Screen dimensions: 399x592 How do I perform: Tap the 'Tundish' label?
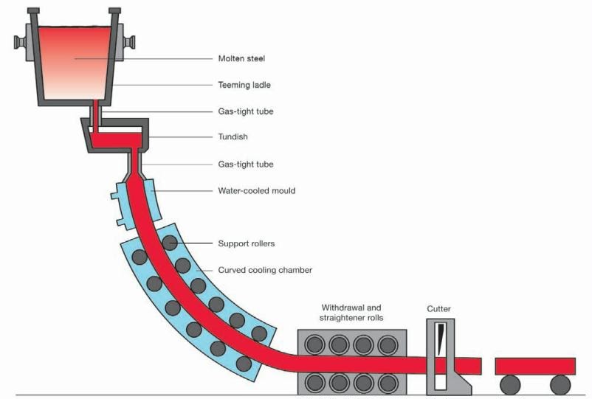pos(233,137)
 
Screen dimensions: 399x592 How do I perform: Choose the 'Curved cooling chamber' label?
pos(265,270)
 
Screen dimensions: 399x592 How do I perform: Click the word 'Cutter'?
pos(439,308)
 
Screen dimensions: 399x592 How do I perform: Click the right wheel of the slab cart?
pos(560,384)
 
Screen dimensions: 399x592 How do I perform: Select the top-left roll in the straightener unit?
pos(315,344)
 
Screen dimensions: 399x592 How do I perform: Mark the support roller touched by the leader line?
pos(171,243)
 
